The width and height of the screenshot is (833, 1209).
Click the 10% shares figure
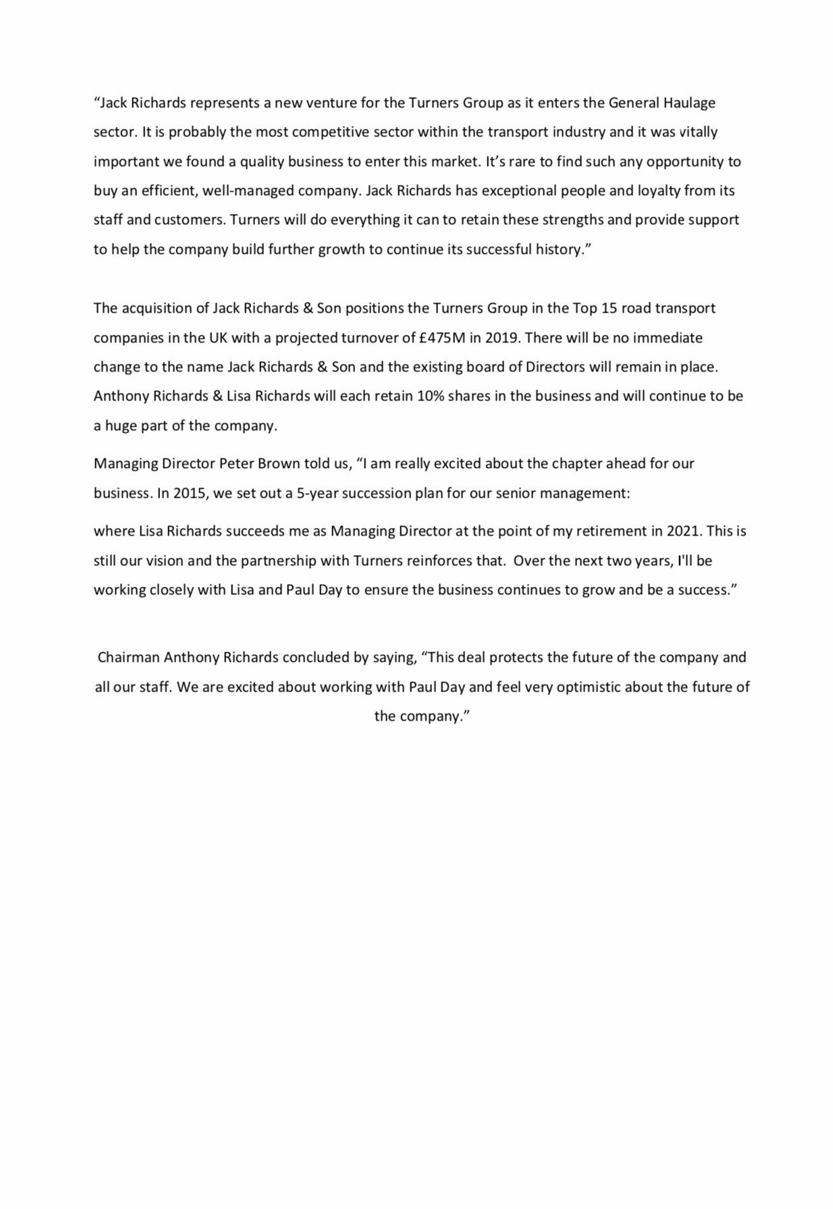point(429,396)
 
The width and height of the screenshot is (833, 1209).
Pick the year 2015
point(189,492)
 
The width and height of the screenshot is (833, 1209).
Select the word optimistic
point(583,687)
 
